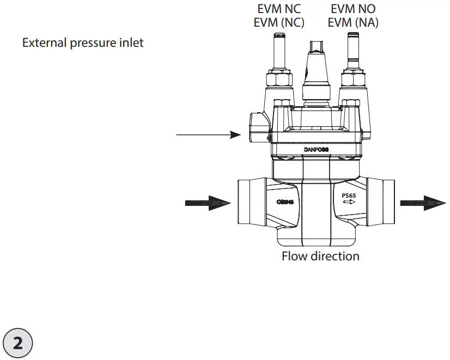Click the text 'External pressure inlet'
click(83, 42)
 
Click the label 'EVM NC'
click(278, 9)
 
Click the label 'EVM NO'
click(353, 9)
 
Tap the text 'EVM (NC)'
click(278, 23)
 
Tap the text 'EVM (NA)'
click(354, 23)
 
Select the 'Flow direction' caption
click(320, 255)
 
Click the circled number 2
click(17, 343)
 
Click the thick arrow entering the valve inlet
click(208, 203)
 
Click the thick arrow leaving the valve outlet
click(423, 203)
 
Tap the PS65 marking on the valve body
click(349, 194)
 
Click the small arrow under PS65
click(349, 202)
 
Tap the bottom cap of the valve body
click(315, 238)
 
